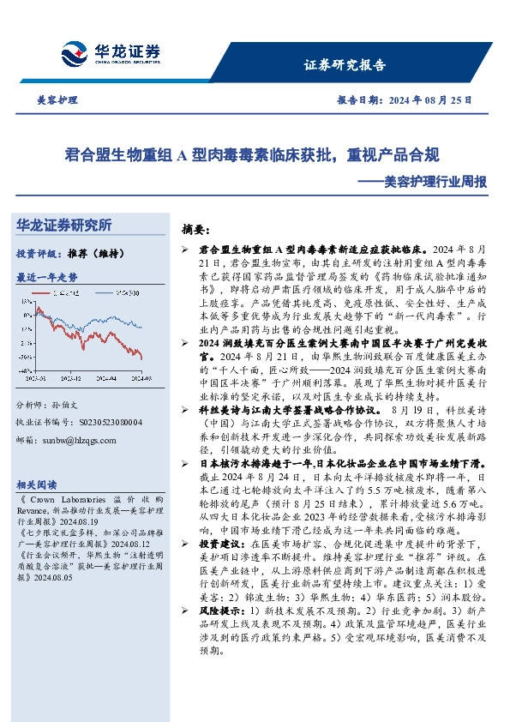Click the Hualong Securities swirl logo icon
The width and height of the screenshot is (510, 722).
point(74,53)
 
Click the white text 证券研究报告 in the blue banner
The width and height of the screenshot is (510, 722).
point(345,65)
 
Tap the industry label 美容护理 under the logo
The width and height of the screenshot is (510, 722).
point(54,100)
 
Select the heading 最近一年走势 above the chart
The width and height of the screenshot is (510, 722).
point(47,278)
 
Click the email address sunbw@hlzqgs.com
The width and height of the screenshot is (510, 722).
point(78,440)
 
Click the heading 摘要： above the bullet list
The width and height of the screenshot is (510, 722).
point(195,231)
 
